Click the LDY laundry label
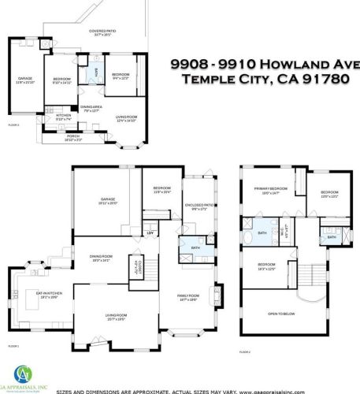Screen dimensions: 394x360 tap(150, 234)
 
